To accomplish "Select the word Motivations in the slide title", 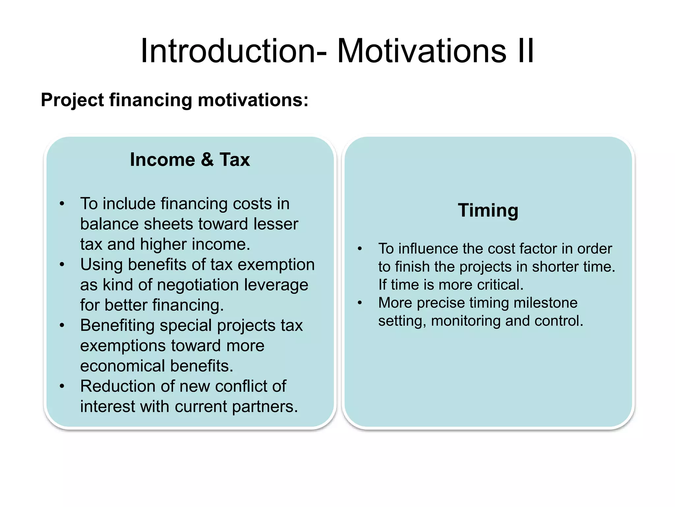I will click(421, 51).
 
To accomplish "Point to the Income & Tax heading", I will click(190, 160).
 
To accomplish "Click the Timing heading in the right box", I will click(488, 210).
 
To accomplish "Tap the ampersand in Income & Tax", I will click(207, 160).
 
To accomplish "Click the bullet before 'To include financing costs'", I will click(62, 204).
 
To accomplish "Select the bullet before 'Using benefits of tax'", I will click(62, 265).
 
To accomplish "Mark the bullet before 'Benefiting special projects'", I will click(62, 326).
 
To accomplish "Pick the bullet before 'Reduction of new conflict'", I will click(62, 387).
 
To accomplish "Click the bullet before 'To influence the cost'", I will click(360, 249).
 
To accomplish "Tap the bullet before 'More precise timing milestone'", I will click(360, 303).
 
